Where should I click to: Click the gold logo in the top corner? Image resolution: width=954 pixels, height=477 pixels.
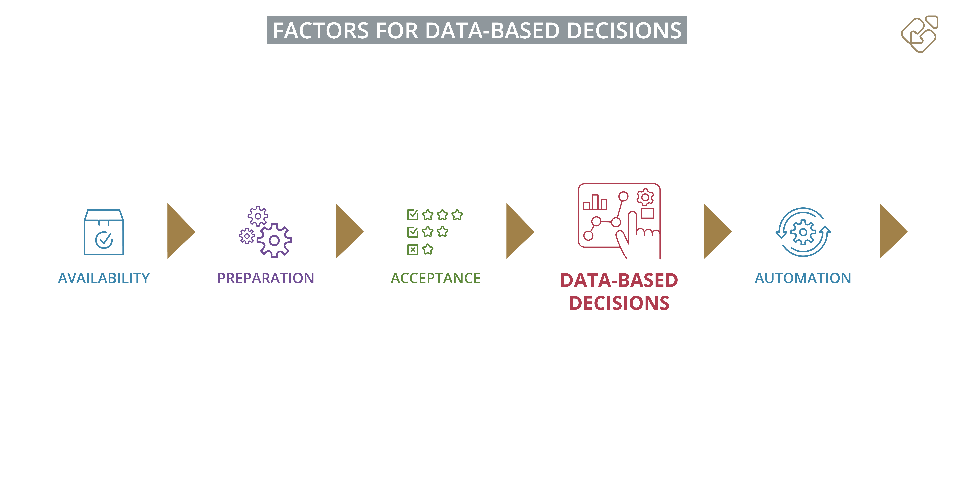pos(920,34)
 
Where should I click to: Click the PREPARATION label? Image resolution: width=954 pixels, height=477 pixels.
pos(265,278)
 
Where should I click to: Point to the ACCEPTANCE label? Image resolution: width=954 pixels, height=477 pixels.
pos(436,278)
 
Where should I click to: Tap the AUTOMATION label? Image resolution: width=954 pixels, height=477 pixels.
pos(803,278)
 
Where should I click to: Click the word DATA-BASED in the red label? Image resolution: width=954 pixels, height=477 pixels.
pos(619,280)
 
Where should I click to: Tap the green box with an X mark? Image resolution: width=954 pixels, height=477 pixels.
pos(413,250)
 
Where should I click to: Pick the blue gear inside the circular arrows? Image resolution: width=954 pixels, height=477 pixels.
pos(803,232)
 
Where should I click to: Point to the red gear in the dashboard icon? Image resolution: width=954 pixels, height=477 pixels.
pos(645,197)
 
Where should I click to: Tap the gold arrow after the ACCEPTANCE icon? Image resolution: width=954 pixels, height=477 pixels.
pos(520,231)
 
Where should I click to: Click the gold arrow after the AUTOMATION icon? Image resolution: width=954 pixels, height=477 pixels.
pos(893,231)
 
